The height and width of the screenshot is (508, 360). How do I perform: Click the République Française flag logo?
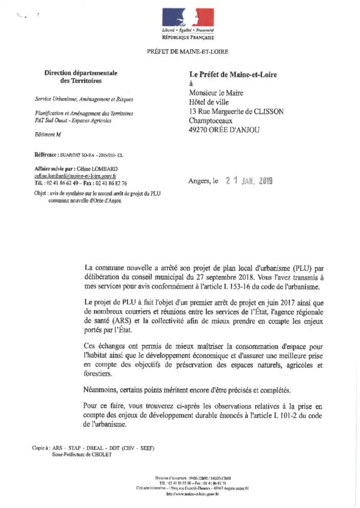pyautogui.click(x=188, y=18)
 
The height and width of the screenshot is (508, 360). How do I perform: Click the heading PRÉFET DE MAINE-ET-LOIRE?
pyautogui.click(x=187, y=52)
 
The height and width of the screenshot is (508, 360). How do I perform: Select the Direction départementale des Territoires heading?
pyautogui.click(x=81, y=76)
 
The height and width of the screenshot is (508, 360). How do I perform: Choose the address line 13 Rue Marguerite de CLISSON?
pyautogui.click(x=236, y=111)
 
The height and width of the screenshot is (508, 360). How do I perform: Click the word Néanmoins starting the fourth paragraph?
pyautogui.click(x=103, y=389)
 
